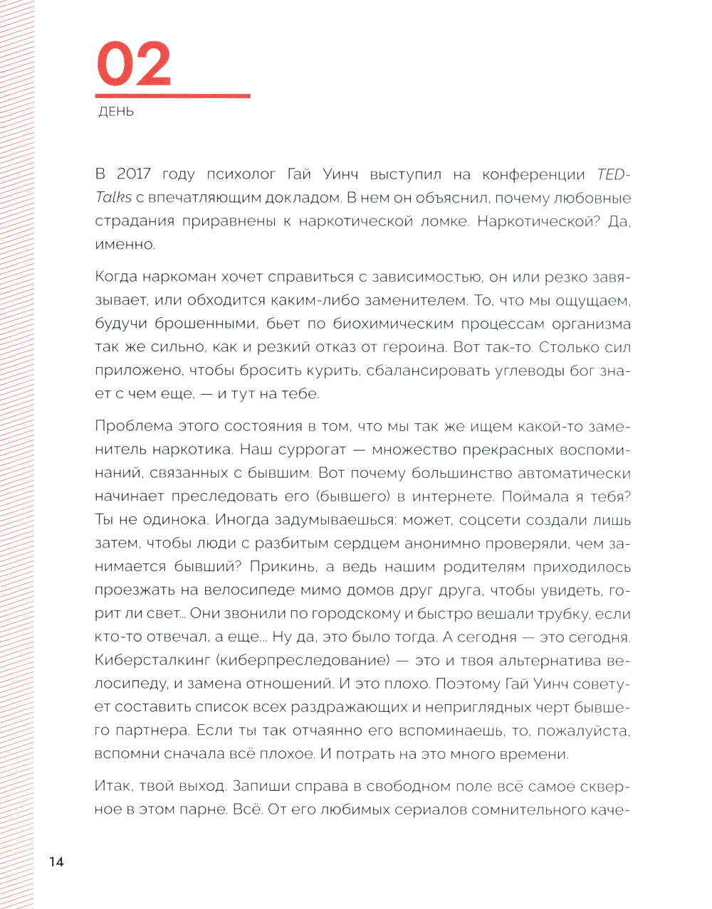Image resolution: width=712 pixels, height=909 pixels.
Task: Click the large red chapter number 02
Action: [x=134, y=64]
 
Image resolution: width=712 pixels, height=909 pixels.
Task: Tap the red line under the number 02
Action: [x=173, y=95]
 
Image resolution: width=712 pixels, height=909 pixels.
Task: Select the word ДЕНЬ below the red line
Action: [x=117, y=112]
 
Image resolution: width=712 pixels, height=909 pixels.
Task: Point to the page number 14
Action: [x=56, y=861]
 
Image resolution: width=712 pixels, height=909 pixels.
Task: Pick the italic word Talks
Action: [x=113, y=198]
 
